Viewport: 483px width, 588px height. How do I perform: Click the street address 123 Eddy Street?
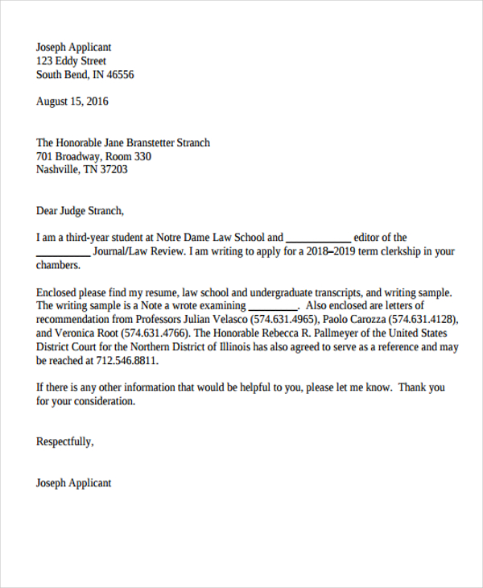pos(71,61)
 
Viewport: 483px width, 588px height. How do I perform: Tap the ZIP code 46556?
pos(118,75)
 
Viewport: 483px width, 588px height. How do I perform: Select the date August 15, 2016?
pos(72,101)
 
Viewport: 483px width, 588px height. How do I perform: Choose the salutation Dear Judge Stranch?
pos(80,211)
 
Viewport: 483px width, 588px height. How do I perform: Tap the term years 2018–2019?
pos(334,251)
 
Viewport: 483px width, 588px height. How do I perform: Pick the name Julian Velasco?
pos(209,320)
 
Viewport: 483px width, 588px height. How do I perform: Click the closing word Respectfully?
pos(65,441)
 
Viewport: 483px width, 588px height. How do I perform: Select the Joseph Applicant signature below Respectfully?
pos(74,483)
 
